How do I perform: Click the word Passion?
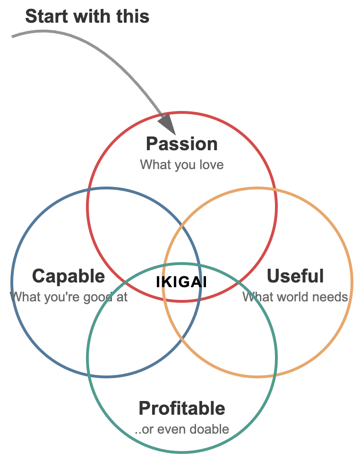182,144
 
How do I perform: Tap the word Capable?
69,276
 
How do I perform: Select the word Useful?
295,276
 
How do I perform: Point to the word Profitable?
182,408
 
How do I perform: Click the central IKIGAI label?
182,282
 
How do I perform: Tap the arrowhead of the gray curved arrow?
167,124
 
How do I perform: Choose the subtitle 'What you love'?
182,165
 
